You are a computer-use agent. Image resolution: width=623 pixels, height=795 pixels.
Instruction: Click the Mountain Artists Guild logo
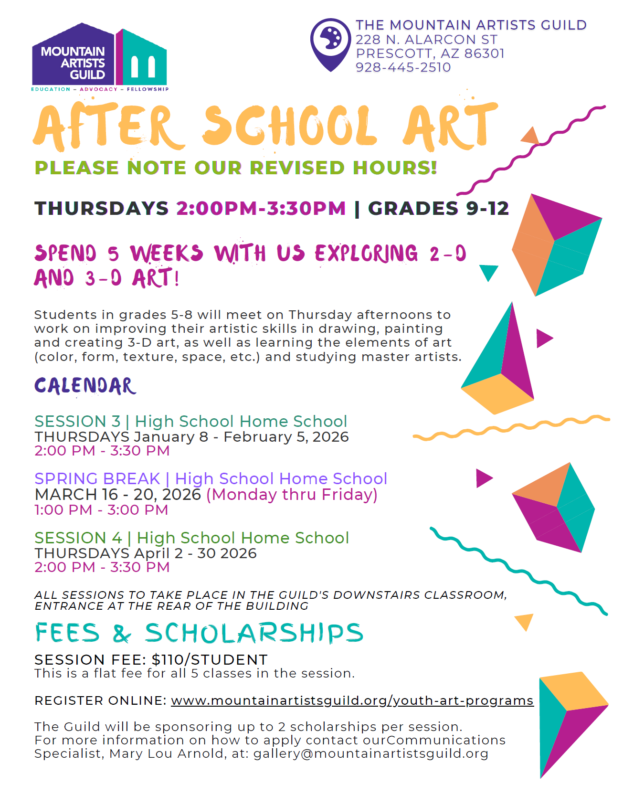[99, 57]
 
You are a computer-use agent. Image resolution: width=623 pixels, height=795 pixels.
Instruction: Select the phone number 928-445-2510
[403, 67]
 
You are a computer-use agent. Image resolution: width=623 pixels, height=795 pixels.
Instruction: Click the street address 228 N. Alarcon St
[426, 40]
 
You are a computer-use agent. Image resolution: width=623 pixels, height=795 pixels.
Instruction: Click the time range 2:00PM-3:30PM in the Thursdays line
[261, 208]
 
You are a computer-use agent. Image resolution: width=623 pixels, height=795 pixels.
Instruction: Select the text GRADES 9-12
[438, 208]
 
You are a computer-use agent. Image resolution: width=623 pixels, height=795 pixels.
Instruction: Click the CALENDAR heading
[85, 386]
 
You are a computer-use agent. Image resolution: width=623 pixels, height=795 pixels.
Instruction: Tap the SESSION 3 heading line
[190, 421]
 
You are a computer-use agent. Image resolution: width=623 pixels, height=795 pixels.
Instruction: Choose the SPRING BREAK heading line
[211, 478]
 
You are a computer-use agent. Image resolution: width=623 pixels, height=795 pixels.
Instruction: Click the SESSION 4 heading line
[191, 538]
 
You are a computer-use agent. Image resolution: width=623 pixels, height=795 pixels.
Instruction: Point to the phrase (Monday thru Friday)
[292, 494]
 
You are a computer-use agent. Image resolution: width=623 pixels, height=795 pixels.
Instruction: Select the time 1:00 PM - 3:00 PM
[101, 510]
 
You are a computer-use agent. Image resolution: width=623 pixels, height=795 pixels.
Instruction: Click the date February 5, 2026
[286, 437]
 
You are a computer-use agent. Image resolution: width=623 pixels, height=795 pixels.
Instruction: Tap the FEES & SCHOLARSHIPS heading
[199, 633]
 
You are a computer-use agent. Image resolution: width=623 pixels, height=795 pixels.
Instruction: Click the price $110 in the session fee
[168, 659]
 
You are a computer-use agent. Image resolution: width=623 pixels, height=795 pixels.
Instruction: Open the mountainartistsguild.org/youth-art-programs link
[352, 700]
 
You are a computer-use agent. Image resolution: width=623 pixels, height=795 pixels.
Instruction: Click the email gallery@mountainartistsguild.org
[370, 753]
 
